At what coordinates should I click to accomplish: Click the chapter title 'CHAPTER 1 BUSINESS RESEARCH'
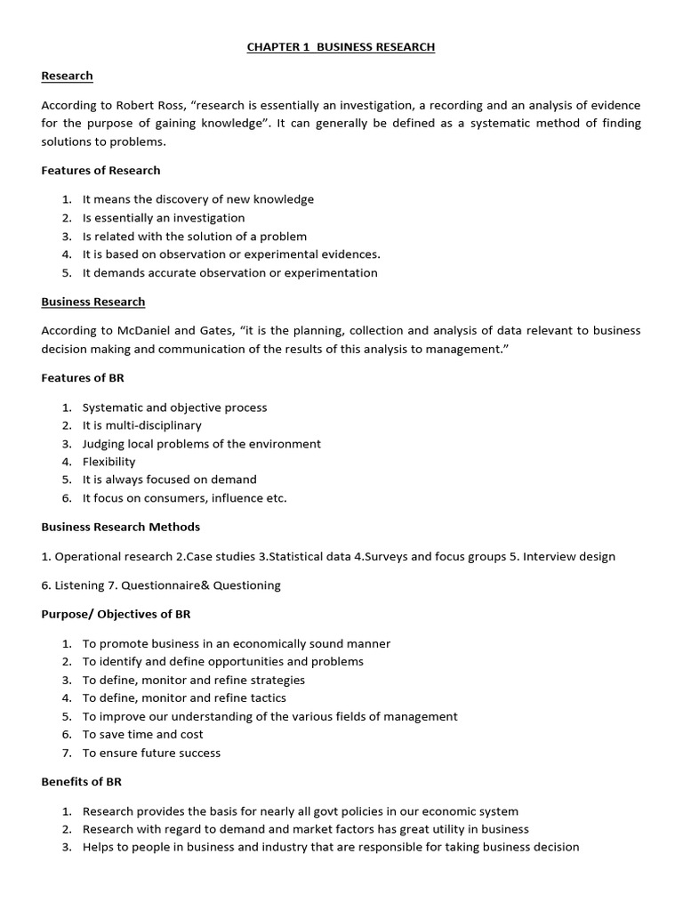tap(341, 47)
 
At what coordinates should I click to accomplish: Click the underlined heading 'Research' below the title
tap(67, 77)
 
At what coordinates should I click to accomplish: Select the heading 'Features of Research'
tap(100, 170)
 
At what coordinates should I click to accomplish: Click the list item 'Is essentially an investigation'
tap(164, 218)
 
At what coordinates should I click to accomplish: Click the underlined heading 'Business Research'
tap(92, 302)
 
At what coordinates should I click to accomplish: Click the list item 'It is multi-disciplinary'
tap(142, 425)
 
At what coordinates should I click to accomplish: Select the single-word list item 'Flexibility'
tap(109, 462)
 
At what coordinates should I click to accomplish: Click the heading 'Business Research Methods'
tap(121, 527)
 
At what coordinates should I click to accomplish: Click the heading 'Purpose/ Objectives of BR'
tap(116, 614)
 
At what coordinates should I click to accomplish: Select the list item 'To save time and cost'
tap(143, 735)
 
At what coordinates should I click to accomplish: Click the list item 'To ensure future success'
tap(151, 753)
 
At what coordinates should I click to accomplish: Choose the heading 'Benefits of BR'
tap(81, 782)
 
